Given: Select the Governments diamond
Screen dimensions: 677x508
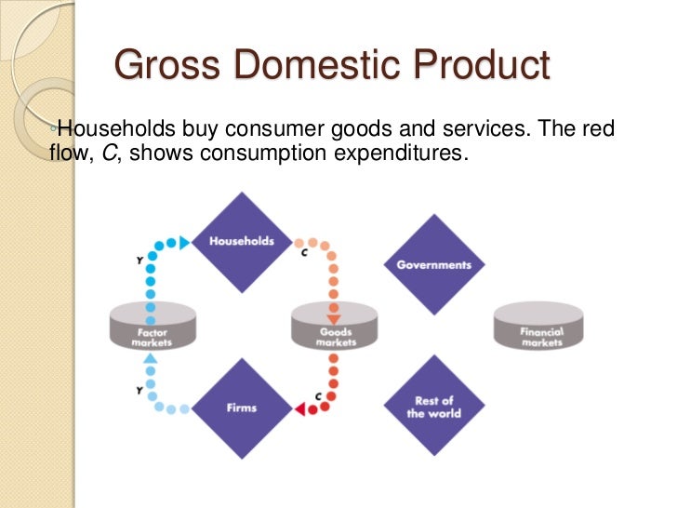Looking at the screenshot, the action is [x=433, y=265].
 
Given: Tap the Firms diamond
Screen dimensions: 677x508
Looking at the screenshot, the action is [x=242, y=407].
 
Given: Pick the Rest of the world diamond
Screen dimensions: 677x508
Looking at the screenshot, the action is [x=433, y=408].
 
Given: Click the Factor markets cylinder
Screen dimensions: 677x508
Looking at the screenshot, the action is [x=150, y=328].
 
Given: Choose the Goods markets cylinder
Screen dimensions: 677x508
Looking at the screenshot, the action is [x=335, y=328].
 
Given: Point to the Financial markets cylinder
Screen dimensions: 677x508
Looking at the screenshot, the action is [x=541, y=328].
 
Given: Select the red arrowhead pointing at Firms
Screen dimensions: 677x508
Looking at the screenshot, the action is [x=301, y=408].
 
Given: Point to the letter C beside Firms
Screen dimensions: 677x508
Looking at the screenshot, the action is [x=318, y=396].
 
